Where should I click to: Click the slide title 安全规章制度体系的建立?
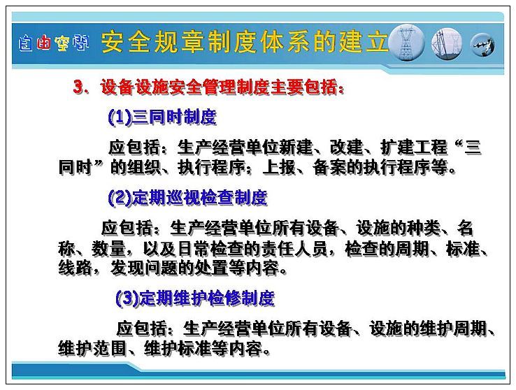pos(245,42)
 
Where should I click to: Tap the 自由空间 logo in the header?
pos(54,43)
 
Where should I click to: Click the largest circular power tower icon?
pos(406,43)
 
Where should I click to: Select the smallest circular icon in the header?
pos(482,45)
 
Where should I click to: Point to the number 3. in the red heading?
pos(80,87)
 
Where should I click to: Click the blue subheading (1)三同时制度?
pos(162,117)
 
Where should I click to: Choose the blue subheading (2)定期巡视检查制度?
pos(187,198)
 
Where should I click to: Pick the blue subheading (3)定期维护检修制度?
pos(195,298)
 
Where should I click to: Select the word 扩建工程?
pos(414,147)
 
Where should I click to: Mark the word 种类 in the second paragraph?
pos(424,228)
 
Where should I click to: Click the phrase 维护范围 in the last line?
pos(92,349)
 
